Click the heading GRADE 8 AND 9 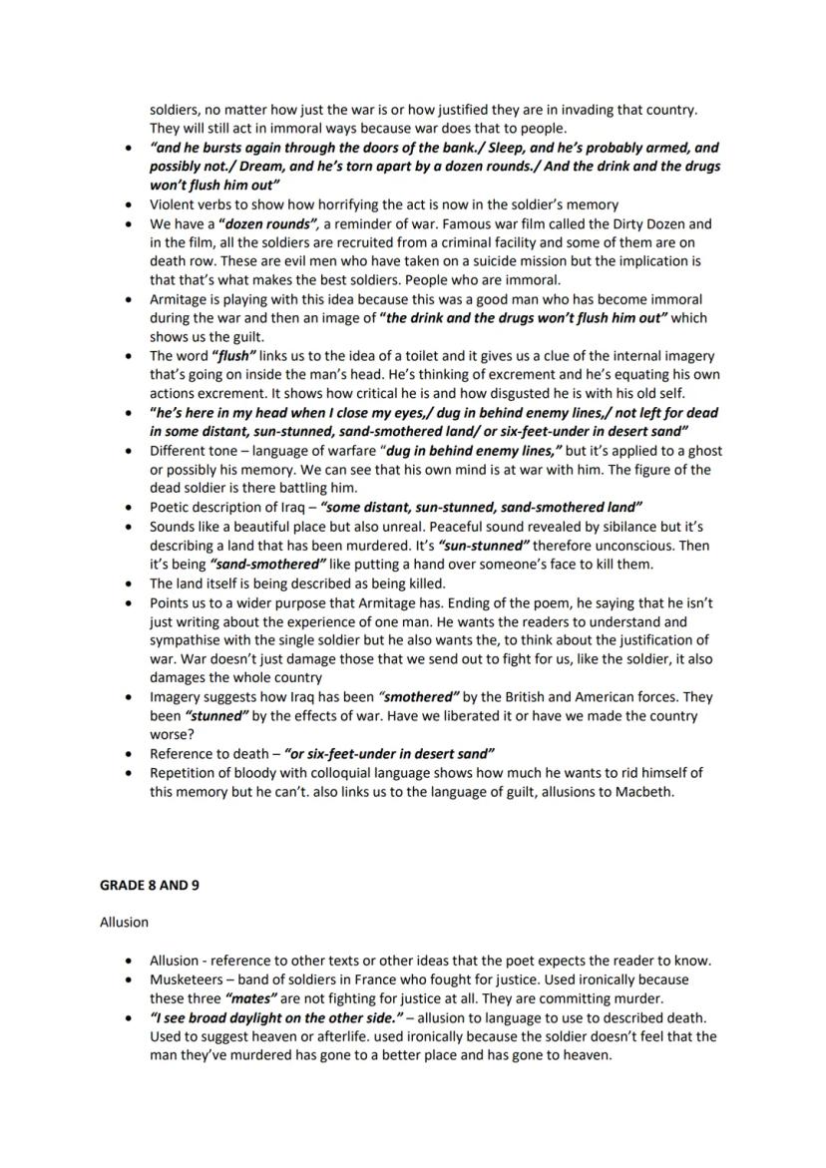(x=149, y=884)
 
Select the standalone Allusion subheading (x=124, y=922)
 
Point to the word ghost (x=703, y=450)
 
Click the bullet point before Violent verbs (x=128, y=204)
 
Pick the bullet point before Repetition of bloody (x=128, y=773)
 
